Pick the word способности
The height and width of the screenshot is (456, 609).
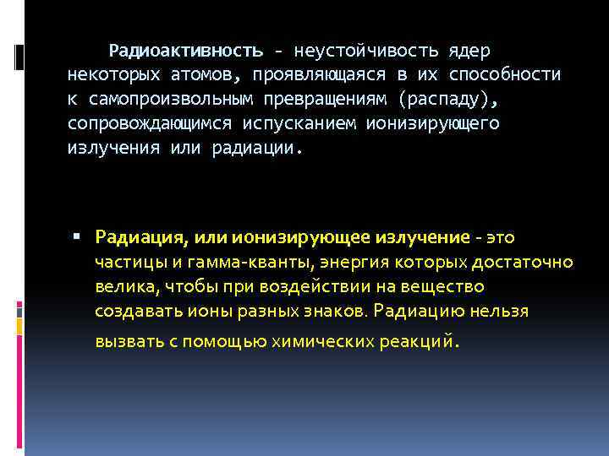(x=506, y=74)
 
